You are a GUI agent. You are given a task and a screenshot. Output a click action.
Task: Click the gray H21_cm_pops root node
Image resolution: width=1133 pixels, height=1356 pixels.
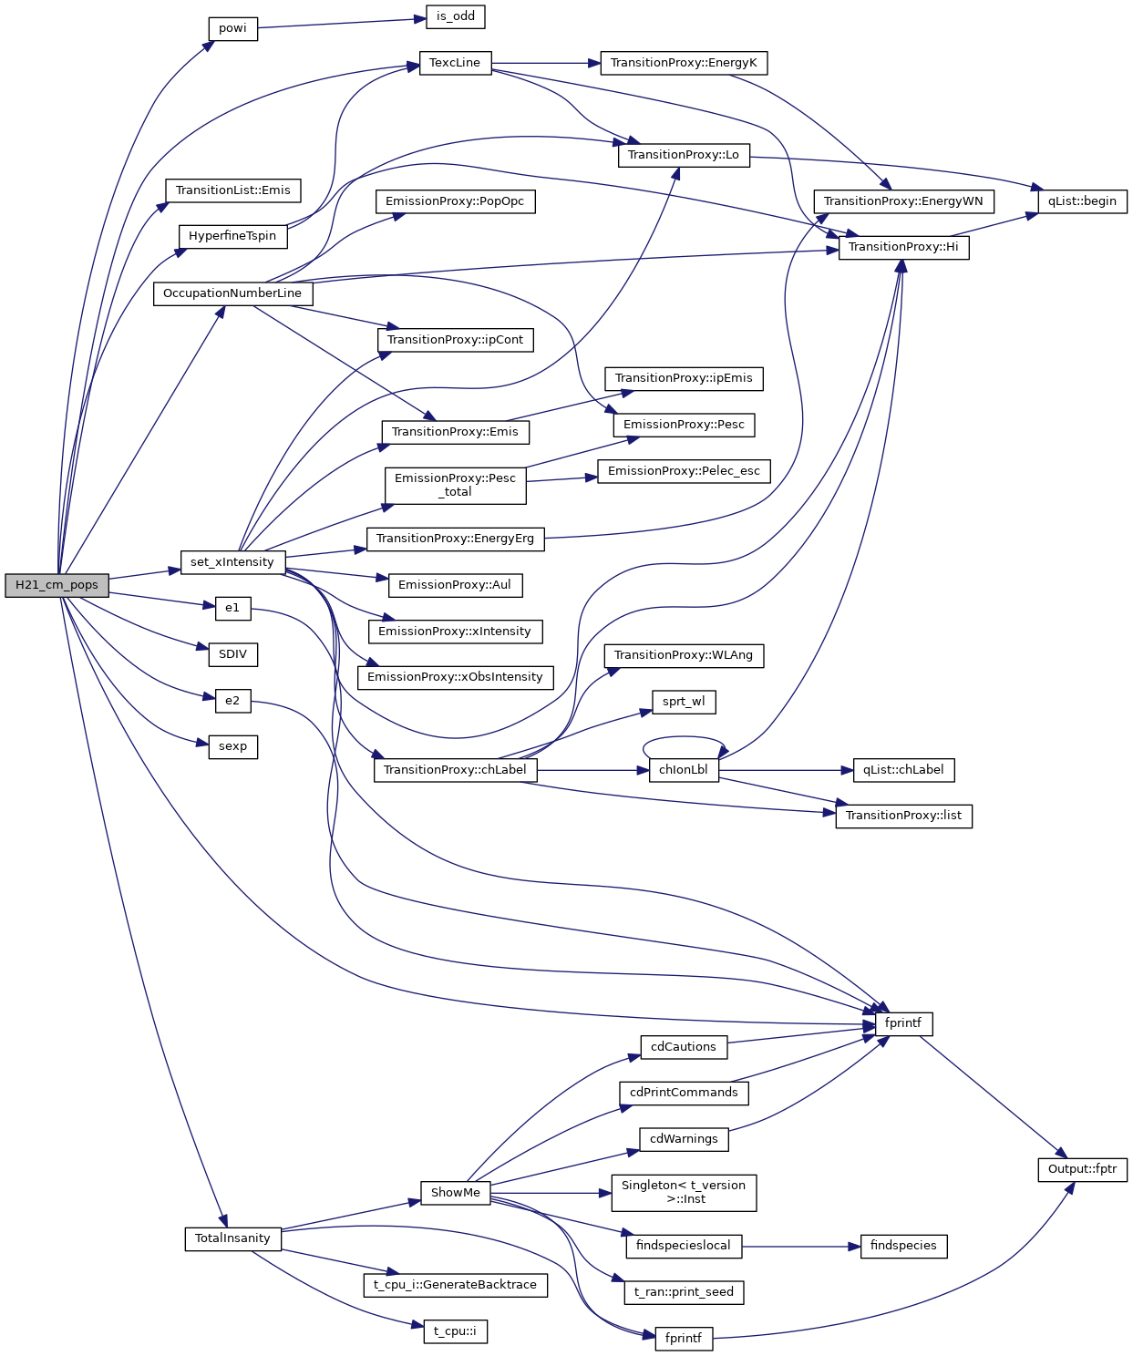[57, 585]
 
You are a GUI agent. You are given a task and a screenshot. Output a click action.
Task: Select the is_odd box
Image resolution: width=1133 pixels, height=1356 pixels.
[455, 16]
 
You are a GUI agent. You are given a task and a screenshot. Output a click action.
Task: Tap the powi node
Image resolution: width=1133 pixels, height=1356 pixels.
[232, 28]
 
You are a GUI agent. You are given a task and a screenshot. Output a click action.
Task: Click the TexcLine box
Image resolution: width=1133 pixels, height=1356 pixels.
[455, 63]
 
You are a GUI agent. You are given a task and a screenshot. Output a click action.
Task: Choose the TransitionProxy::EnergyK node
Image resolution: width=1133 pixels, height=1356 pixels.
[684, 63]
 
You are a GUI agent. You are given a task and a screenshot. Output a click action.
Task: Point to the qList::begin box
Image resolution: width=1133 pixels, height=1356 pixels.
[1082, 201]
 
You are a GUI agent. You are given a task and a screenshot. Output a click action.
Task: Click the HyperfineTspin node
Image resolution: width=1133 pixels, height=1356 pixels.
[232, 236]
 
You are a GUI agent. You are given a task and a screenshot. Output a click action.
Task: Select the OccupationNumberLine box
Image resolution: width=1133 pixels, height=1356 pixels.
[232, 293]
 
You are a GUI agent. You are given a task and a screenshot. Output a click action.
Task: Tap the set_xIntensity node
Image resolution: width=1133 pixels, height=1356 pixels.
[232, 562]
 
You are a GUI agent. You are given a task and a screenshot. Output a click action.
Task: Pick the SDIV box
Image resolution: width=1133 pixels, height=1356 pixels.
[232, 654]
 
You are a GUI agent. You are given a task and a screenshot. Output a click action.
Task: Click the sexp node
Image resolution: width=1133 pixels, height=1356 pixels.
[232, 746]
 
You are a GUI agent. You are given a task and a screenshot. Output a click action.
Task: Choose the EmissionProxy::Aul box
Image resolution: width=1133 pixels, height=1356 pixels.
[455, 585]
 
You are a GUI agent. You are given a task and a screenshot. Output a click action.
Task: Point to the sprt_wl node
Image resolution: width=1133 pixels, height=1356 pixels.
[684, 702]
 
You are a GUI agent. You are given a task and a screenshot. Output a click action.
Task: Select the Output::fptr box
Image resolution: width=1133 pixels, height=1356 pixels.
[1082, 1169]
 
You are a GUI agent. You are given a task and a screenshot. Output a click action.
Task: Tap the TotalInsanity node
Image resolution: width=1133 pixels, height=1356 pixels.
[232, 1238]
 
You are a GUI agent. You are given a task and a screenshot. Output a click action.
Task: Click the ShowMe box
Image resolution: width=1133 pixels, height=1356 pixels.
[455, 1193]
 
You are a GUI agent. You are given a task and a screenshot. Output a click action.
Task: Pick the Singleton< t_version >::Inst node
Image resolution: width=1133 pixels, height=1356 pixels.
[684, 1193]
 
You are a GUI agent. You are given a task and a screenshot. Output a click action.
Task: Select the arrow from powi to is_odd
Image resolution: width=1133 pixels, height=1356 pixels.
[342, 23]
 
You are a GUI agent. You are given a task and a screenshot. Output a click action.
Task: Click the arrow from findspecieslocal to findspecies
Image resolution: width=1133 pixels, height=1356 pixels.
[800, 1246]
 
